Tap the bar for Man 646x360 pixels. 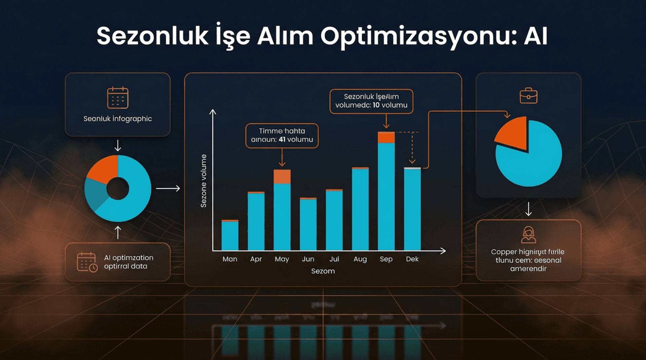click(x=230, y=235)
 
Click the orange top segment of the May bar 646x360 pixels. click(x=282, y=177)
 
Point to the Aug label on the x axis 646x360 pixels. click(x=360, y=259)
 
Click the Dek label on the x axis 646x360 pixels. click(x=412, y=259)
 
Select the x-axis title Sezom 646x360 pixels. click(x=323, y=271)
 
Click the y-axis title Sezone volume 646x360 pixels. click(x=204, y=181)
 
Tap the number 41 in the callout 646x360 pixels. click(x=282, y=139)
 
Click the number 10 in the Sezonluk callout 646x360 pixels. click(x=376, y=105)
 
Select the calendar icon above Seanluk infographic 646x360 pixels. click(x=117, y=98)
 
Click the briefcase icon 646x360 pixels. click(x=528, y=96)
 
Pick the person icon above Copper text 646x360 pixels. click(x=528, y=235)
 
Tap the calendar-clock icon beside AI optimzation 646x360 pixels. click(x=87, y=262)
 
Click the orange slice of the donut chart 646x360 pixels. click(x=103, y=170)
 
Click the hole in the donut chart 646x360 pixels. click(x=117, y=189)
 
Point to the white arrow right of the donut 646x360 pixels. click(x=168, y=188)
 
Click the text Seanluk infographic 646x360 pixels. click(x=117, y=119)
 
